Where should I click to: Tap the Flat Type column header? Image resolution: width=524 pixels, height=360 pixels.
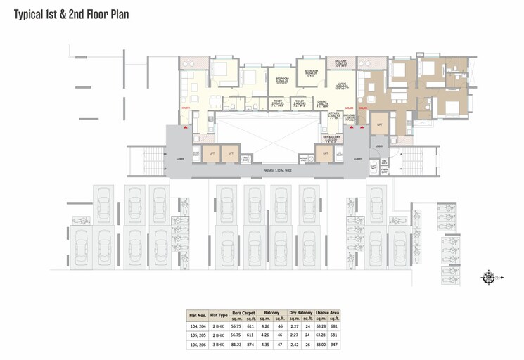219,316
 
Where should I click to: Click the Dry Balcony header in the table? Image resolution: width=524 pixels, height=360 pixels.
300,312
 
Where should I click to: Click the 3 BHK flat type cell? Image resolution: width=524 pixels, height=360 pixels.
219,345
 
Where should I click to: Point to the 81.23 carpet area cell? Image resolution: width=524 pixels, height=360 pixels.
237,345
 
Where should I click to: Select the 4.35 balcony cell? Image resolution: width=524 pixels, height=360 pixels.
265,345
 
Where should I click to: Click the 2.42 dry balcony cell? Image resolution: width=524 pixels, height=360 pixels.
293,345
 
